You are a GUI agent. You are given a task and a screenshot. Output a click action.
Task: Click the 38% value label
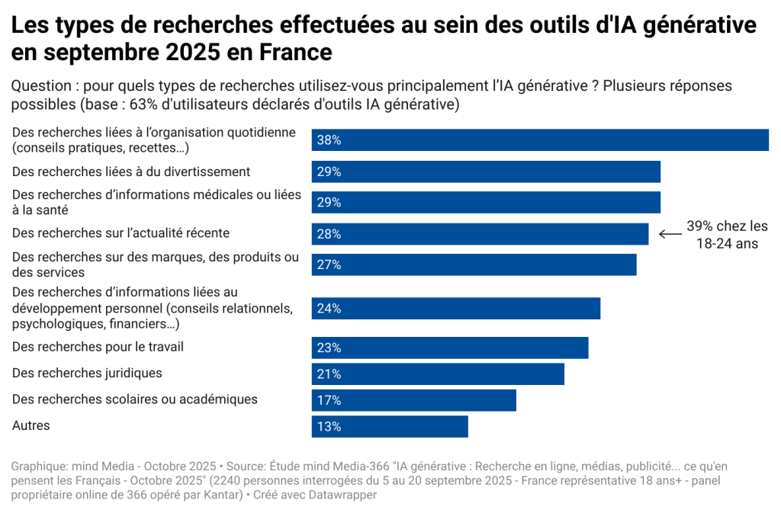[329, 140]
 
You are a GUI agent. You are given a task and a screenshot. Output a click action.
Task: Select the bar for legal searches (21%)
[438, 374]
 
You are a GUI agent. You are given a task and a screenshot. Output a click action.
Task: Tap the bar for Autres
[390, 426]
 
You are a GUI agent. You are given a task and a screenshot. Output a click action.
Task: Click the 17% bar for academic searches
[413, 400]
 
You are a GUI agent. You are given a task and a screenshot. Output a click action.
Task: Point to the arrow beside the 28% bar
[669, 234]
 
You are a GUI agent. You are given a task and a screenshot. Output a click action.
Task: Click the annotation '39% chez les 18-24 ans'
[727, 235]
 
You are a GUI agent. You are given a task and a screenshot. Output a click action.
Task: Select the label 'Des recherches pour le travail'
[98, 347]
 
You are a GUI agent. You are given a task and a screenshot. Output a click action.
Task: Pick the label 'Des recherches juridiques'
[87, 374]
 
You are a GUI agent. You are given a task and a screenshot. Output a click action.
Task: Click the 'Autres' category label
[31, 425]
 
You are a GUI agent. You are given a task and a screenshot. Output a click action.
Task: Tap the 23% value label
[329, 348]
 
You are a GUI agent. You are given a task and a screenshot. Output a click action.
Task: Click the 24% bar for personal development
[455, 309]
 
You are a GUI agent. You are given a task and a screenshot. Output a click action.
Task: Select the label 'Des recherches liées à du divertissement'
[131, 172]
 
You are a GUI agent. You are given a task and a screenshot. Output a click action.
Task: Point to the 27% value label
[329, 265]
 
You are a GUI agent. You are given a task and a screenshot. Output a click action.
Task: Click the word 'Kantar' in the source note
[220, 495]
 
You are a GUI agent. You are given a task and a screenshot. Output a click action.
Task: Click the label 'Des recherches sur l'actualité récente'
[121, 233]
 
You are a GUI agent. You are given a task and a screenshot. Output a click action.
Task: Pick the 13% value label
[329, 427]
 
